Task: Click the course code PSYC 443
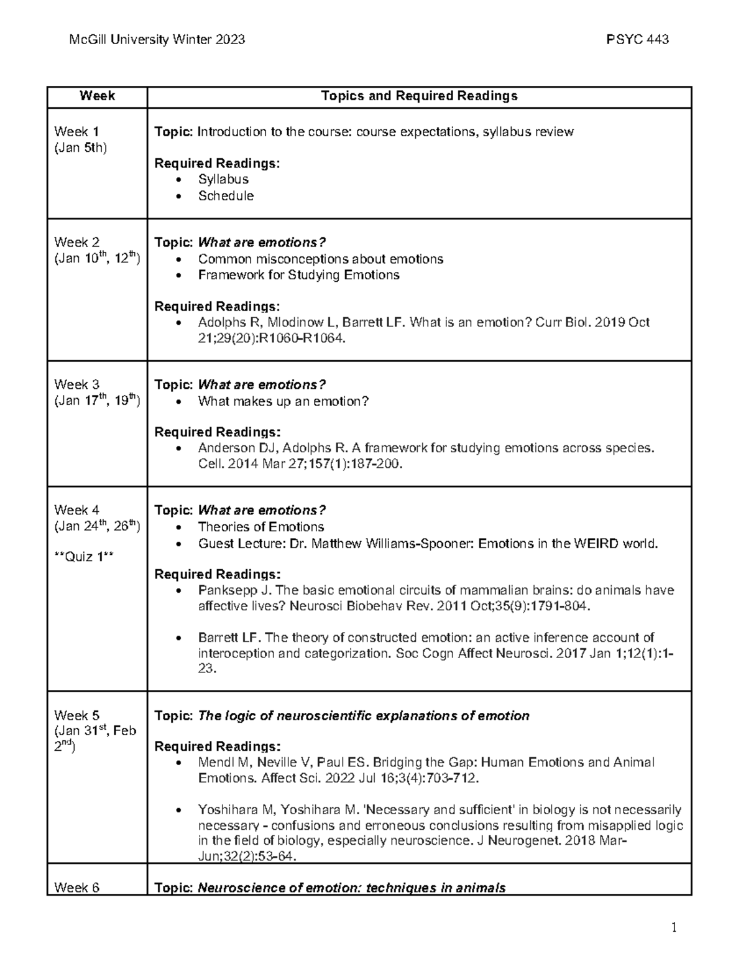[x=637, y=40]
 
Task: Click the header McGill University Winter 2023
[x=157, y=40]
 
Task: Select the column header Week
[x=97, y=96]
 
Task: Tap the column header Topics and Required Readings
[x=419, y=96]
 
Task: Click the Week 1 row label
[x=76, y=131]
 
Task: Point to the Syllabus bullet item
[x=223, y=179]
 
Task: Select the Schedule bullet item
[x=226, y=196]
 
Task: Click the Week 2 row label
[x=76, y=242]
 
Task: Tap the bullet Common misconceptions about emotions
[x=320, y=259]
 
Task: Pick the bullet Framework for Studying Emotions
[x=298, y=275]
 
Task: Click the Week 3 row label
[x=76, y=384]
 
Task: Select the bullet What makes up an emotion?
[x=283, y=401]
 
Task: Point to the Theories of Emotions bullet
[x=260, y=527]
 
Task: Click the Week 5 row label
[x=76, y=715]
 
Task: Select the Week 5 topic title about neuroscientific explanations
[x=363, y=716]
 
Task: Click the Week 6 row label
[x=76, y=888]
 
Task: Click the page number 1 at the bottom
[x=674, y=929]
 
